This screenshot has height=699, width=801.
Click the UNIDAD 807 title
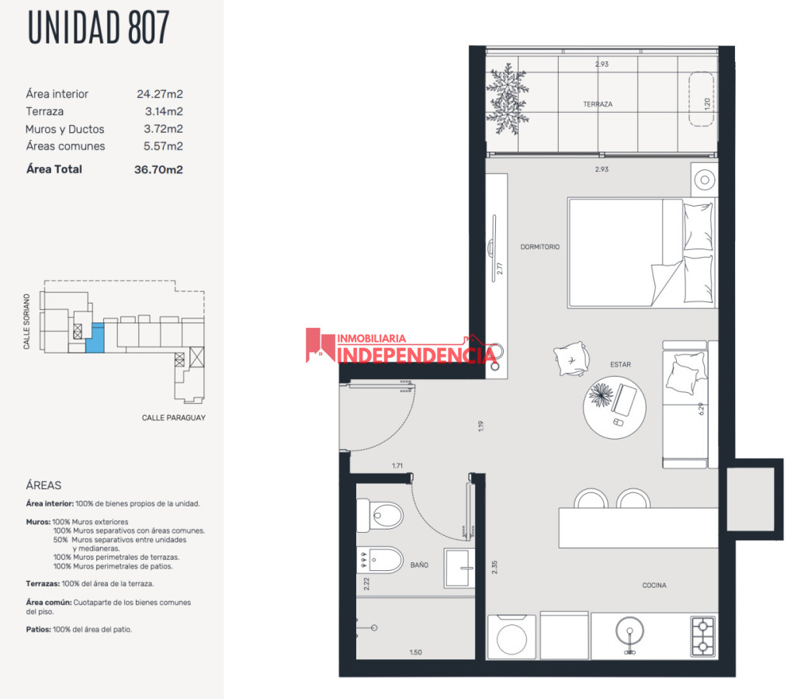(98, 27)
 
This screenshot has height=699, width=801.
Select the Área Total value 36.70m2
(158, 169)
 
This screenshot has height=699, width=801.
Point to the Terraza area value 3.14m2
(164, 112)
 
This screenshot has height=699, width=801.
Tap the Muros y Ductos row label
(64, 129)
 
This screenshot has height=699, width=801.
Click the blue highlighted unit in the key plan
(93, 339)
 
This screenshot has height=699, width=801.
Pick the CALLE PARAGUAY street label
(173, 418)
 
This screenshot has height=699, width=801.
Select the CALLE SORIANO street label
(27, 321)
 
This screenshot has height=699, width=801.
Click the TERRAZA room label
(598, 104)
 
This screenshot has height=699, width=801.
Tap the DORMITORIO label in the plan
(539, 247)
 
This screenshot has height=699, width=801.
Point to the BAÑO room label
(419, 565)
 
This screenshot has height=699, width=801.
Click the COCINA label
(654, 586)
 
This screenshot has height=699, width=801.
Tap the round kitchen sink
(630, 635)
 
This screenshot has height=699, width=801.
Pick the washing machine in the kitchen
(511, 637)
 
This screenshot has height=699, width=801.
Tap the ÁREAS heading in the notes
(43, 485)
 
